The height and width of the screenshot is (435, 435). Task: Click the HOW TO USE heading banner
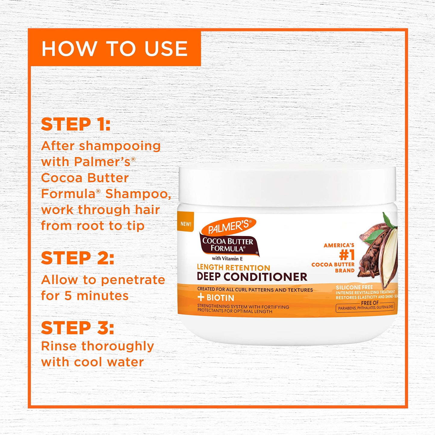(115, 48)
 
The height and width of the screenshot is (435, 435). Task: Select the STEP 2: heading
(78, 258)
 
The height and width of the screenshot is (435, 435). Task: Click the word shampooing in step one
(120, 146)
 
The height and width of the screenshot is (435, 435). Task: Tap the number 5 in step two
(68, 296)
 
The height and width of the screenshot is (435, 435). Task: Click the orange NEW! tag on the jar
(186, 224)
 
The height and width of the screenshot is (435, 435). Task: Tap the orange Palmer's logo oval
(228, 226)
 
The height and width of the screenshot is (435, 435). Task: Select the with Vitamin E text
(227, 259)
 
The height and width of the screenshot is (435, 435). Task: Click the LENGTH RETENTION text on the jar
(234, 268)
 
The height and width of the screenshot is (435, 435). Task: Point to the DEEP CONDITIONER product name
(252, 277)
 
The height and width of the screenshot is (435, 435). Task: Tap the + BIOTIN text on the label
(216, 298)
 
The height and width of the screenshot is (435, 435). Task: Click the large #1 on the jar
(347, 255)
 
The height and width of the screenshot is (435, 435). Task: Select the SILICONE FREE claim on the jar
(354, 287)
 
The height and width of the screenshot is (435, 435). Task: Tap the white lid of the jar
(287, 184)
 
